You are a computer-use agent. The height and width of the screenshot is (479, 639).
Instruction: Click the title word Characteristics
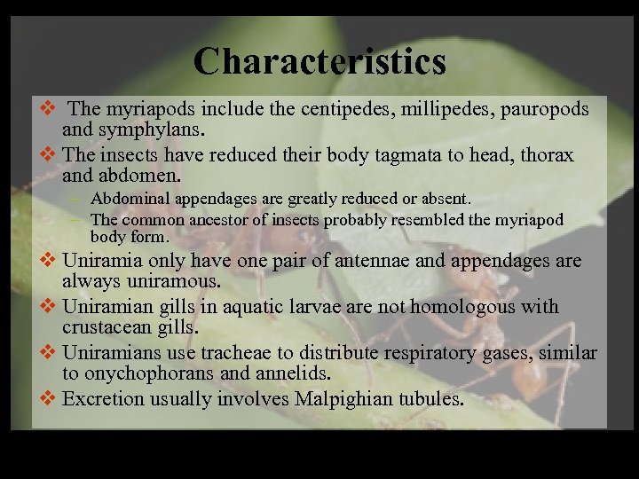(319, 61)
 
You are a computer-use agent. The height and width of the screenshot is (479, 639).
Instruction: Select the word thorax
(543, 155)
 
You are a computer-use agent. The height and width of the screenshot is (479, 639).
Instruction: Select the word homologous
(457, 307)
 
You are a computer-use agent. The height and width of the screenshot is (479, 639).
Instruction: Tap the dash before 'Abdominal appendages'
(78, 199)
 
